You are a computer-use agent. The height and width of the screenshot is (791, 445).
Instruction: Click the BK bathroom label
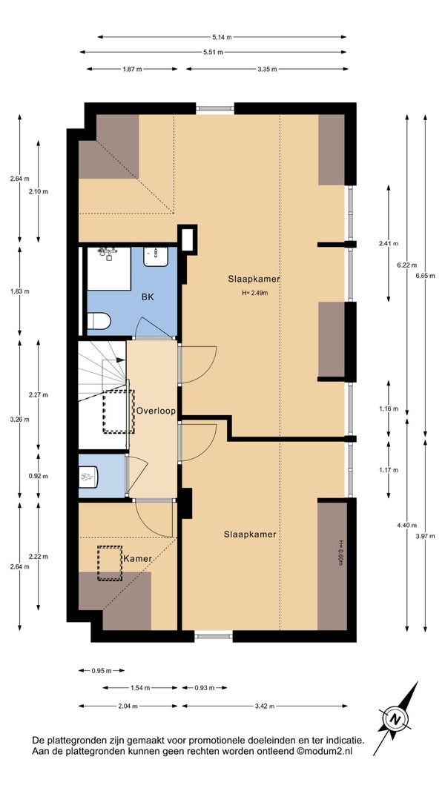coord(148,297)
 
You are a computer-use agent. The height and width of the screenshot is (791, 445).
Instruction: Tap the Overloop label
coord(156,411)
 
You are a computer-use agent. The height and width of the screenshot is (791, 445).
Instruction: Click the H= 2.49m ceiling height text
coord(255,292)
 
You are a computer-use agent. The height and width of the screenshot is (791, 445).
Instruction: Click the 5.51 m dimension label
coord(214,52)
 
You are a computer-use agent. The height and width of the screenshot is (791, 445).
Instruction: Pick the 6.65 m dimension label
coord(424,276)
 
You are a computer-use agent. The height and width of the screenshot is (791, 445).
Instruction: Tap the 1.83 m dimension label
coord(20,291)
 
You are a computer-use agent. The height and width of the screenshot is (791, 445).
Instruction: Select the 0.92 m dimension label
coord(39,476)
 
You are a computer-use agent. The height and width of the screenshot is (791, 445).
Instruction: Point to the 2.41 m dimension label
coord(389,244)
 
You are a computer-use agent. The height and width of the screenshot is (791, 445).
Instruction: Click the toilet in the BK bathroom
coord(99,321)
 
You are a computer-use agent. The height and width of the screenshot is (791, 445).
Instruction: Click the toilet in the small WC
coord(89,475)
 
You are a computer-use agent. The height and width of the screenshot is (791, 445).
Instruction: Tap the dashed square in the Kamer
coord(110,563)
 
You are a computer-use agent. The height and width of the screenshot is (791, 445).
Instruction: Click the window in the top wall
coord(215,108)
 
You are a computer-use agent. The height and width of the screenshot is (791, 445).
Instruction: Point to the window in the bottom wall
coord(214,636)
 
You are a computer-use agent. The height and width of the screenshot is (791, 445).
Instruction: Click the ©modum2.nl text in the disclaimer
coord(324,751)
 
